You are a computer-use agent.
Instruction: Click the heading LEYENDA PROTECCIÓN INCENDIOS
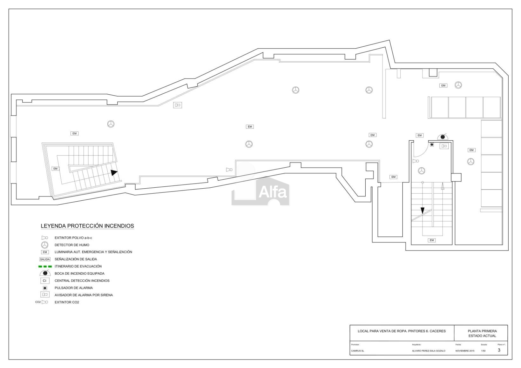(87, 226)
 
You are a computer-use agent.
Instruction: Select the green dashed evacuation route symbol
(45, 266)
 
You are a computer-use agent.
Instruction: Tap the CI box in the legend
(45, 281)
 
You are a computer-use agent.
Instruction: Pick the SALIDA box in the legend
(45, 259)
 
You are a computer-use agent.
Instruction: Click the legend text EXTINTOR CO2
(67, 302)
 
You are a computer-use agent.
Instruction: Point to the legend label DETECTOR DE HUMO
(72, 245)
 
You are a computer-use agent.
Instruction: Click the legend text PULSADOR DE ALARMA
(74, 288)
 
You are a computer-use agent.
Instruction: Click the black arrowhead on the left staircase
(114, 172)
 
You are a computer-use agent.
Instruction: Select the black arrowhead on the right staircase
(423, 210)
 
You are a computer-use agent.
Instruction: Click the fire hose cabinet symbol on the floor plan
(443, 137)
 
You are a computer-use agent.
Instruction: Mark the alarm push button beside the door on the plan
(432, 145)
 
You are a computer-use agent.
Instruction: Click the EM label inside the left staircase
(56, 169)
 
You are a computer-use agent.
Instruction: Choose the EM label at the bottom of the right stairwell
(432, 240)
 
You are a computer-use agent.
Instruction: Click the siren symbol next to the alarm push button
(444, 146)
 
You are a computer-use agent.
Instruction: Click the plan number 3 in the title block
(499, 350)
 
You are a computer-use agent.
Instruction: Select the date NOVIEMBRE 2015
(465, 351)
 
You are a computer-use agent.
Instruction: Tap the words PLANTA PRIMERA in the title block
(482, 331)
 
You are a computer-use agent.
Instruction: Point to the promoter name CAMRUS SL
(358, 351)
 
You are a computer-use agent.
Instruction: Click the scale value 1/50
(483, 351)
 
